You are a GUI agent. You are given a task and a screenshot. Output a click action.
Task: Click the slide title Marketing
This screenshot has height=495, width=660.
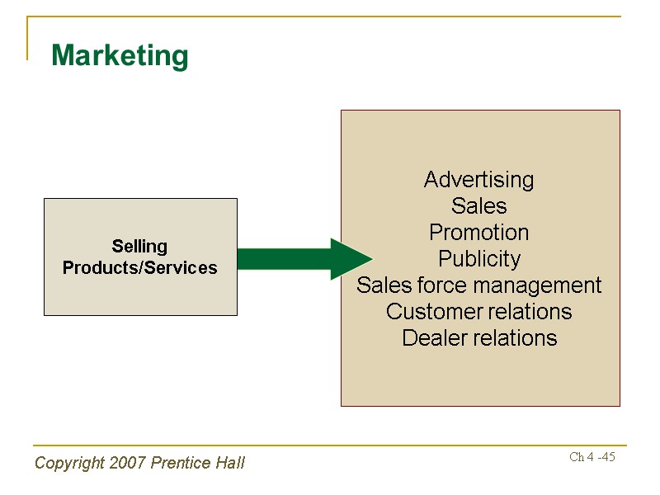click(x=120, y=56)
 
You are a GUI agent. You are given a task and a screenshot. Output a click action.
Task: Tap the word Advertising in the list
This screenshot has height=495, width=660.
click(x=478, y=180)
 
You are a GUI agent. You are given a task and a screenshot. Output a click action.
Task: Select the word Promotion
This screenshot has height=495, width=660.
click(x=478, y=232)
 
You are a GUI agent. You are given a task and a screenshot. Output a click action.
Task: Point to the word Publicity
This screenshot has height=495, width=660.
click(x=478, y=259)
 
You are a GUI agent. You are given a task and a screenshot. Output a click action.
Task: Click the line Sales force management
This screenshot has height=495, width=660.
click(x=478, y=285)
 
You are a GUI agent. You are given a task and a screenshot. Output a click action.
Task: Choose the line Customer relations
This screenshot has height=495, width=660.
click(x=478, y=312)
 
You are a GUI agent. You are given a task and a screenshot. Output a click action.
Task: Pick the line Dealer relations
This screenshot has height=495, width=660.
click(x=478, y=338)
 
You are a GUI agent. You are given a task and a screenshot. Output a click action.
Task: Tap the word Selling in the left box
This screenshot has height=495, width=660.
click(x=139, y=246)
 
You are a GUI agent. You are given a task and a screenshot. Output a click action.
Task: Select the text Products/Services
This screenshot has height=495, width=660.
click(x=139, y=268)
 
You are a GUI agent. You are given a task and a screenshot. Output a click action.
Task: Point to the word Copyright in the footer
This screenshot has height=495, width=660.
click(x=69, y=463)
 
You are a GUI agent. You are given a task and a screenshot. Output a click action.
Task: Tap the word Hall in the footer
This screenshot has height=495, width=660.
click(x=230, y=463)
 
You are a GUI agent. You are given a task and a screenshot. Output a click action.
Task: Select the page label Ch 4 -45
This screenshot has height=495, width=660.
click(x=592, y=457)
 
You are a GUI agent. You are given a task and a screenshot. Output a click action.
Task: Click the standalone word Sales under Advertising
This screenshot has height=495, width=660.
click(x=478, y=206)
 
